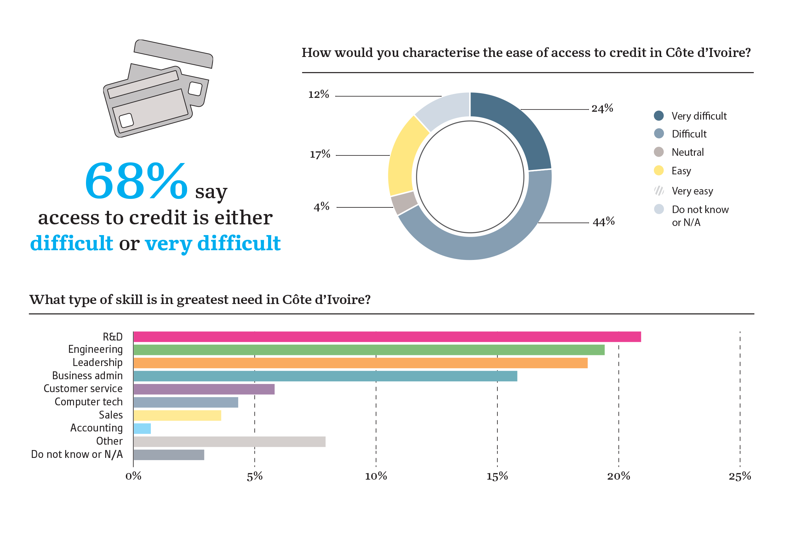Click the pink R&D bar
(x=386, y=337)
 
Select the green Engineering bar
(x=369, y=350)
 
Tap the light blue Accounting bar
(x=142, y=429)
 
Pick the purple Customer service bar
(x=204, y=389)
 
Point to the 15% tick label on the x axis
(x=497, y=476)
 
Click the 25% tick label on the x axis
(x=740, y=476)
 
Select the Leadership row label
(x=97, y=362)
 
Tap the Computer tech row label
(x=89, y=402)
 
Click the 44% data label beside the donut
(x=603, y=222)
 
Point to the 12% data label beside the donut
(x=319, y=94)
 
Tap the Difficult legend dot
(x=659, y=133)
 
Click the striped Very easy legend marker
(x=659, y=191)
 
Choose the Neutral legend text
(x=687, y=152)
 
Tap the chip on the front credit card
(x=126, y=121)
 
